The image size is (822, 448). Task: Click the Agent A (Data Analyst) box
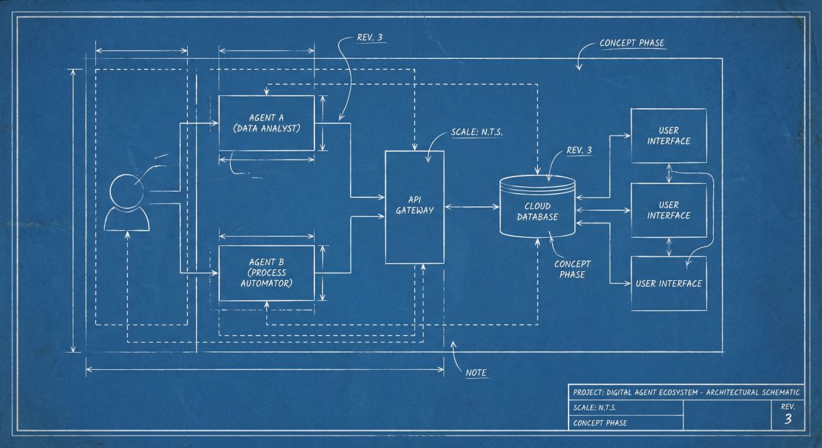pyautogui.click(x=266, y=123)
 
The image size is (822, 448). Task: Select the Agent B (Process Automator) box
pyautogui.click(x=266, y=272)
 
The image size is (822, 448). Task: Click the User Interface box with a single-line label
pyautogui.click(x=669, y=283)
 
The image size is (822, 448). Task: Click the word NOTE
pyautogui.click(x=476, y=373)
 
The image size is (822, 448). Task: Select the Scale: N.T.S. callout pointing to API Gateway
pyautogui.click(x=477, y=132)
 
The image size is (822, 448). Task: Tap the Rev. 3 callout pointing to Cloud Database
pyautogui.click(x=579, y=151)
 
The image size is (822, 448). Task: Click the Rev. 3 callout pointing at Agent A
pyautogui.click(x=370, y=38)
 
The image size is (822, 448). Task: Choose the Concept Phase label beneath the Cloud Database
pyautogui.click(x=573, y=269)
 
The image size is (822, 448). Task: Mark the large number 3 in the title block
pyautogui.click(x=788, y=419)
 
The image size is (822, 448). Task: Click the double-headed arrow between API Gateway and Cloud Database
pyautogui.click(x=472, y=206)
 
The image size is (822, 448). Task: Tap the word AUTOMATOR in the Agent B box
pyautogui.click(x=266, y=282)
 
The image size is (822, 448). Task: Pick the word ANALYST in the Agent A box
pyautogui.click(x=282, y=127)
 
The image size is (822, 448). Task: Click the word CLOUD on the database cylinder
pyautogui.click(x=538, y=206)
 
